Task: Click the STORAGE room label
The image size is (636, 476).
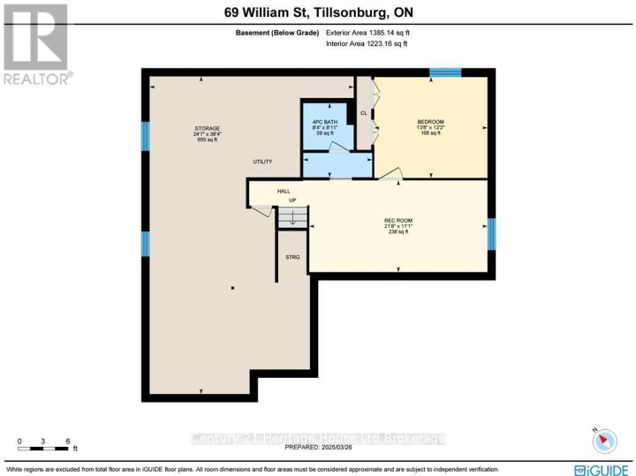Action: tap(208, 128)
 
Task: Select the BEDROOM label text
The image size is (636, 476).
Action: tap(430, 121)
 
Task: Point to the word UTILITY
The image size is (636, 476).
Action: tap(261, 162)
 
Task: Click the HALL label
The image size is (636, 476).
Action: tap(284, 191)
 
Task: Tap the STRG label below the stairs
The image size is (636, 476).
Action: tap(292, 257)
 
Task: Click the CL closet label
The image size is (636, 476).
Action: tap(363, 113)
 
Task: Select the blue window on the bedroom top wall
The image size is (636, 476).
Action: tap(444, 72)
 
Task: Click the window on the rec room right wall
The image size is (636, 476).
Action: tap(492, 233)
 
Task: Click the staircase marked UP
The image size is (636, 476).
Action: tap(292, 217)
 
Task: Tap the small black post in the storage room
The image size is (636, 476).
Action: tap(232, 288)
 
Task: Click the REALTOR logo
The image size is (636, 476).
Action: tap(36, 43)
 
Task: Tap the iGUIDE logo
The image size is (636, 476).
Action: tap(602, 469)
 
